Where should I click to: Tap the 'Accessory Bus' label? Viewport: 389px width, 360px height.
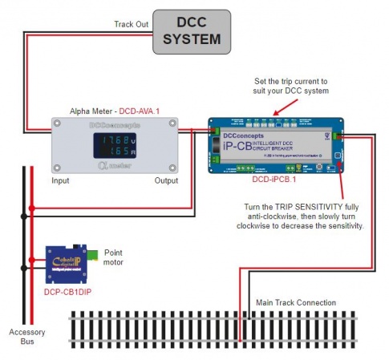coord(26,336)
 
